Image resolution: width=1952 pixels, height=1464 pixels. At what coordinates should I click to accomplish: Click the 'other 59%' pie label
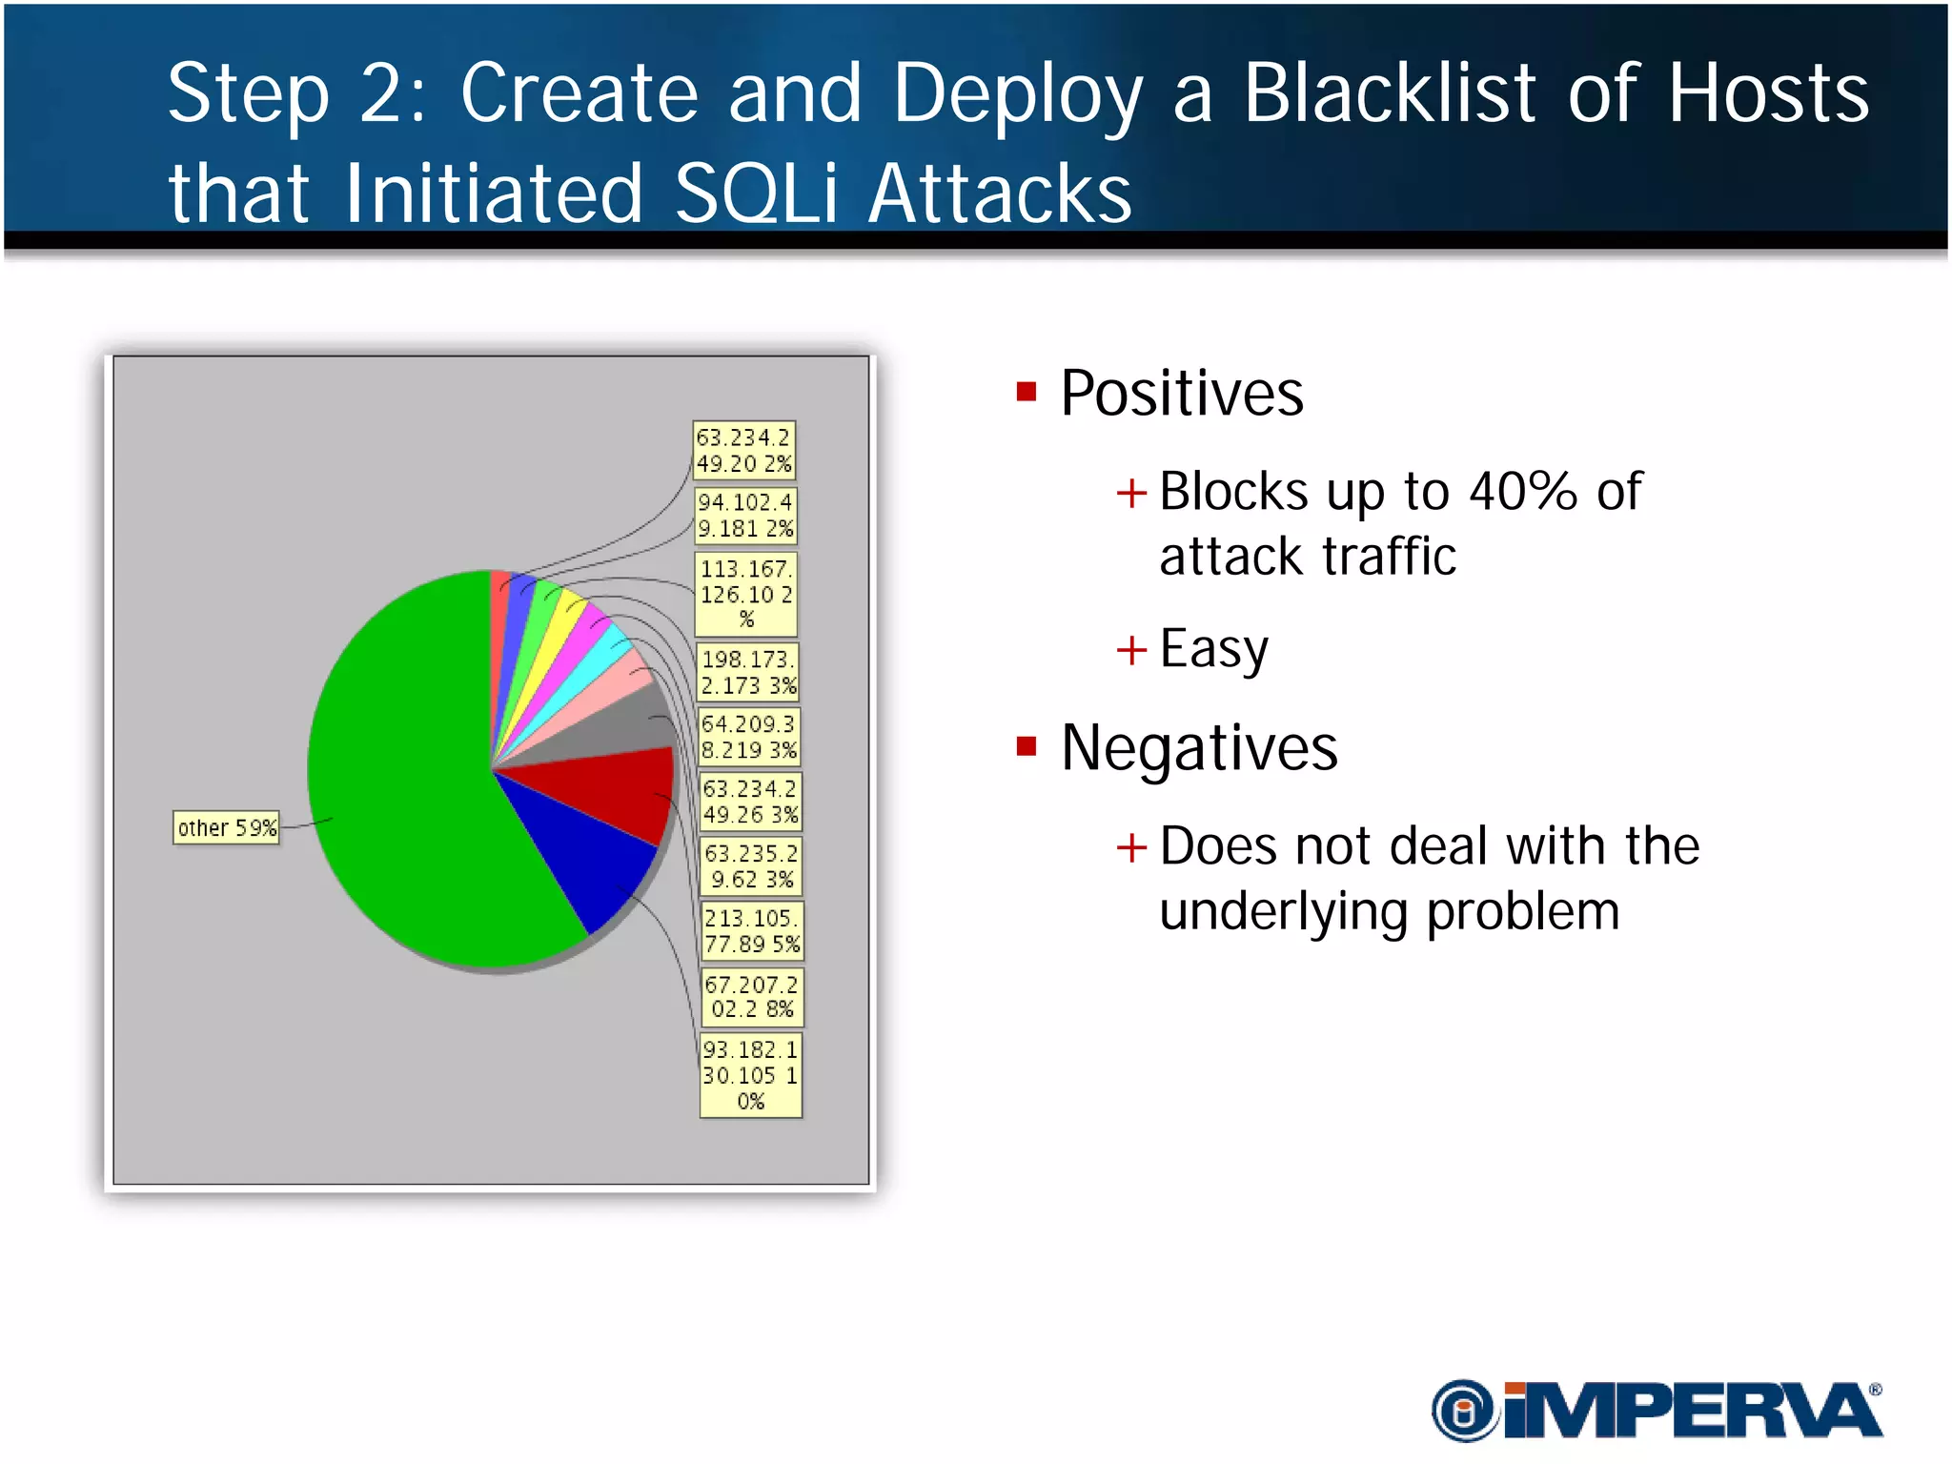pyautogui.click(x=226, y=827)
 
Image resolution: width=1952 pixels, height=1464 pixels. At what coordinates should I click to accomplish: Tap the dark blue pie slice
pyautogui.click(x=591, y=858)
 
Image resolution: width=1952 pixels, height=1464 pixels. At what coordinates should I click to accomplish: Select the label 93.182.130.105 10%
pyautogui.click(x=750, y=1075)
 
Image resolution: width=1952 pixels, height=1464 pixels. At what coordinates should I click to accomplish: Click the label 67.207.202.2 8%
pyautogui.click(x=751, y=996)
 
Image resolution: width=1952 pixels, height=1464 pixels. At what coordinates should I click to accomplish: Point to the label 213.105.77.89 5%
pyautogui.click(x=751, y=931)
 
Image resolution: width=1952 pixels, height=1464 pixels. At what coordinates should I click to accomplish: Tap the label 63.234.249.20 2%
pyautogui.click(x=743, y=451)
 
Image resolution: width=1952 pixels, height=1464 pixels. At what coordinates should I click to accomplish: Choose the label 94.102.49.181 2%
pyautogui.click(x=744, y=515)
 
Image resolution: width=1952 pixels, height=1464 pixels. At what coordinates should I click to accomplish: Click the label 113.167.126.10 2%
pyautogui.click(x=745, y=594)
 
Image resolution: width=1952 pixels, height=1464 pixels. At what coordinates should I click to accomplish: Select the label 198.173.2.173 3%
pyautogui.click(x=747, y=672)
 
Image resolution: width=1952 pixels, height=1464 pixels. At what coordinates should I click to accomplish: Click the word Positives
pyautogui.click(x=1181, y=394)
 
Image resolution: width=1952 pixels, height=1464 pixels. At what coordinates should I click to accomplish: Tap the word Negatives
pyautogui.click(x=1198, y=748)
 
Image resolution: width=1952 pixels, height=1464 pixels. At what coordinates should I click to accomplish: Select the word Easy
pyautogui.click(x=1213, y=650)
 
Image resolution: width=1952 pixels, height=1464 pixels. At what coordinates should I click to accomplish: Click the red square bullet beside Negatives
pyautogui.click(x=1026, y=746)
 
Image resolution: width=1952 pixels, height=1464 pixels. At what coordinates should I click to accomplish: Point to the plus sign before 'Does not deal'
pyautogui.click(x=1131, y=847)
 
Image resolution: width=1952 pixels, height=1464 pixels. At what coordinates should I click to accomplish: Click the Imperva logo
pyautogui.click(x=1657, y=1411)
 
